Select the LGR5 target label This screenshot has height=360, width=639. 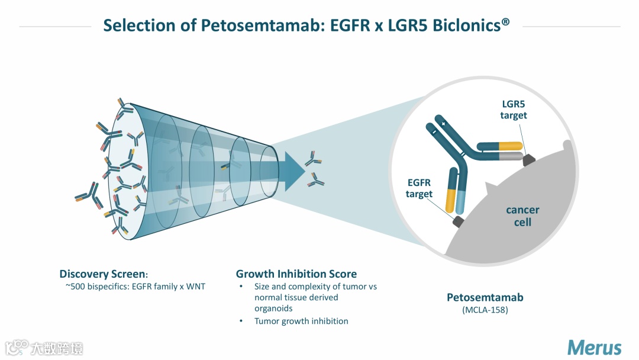(513, 110)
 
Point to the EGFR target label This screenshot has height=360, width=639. (419, 188)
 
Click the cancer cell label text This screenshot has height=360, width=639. (522, 216)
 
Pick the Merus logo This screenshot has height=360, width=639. (594, 347)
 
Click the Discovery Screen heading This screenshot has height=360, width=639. (102, 274)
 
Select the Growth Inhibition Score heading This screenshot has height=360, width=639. (296, 274)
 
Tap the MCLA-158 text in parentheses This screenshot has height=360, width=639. (485, 310)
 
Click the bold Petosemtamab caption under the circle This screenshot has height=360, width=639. (485, 297)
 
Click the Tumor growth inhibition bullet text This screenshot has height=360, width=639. (301, 321)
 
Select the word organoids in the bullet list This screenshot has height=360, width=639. (273, 308)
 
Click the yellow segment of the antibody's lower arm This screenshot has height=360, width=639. (451, 201)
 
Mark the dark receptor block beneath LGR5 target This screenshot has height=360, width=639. (528, 159)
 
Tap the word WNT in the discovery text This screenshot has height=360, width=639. (194, 287)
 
